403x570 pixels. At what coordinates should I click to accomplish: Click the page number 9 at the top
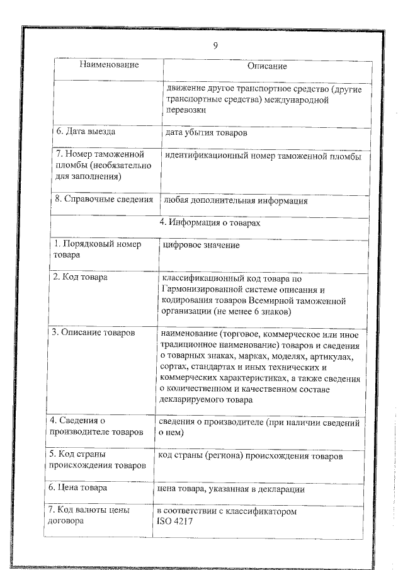215,45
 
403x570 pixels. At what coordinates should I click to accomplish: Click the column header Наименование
109,65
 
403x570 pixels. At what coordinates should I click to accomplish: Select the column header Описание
266,66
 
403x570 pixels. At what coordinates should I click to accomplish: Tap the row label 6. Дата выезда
85,132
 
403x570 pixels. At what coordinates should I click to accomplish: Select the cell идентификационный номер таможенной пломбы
263,155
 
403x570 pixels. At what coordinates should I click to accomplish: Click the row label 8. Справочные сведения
104,200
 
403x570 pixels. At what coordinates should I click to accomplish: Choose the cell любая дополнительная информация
236,201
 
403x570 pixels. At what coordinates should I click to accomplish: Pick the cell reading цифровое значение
201,244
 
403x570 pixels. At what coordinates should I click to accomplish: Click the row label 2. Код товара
80,276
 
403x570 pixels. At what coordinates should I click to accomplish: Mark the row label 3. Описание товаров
94,332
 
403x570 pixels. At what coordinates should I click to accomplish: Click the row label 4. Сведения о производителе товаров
95,426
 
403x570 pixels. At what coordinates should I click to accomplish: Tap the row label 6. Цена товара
78,487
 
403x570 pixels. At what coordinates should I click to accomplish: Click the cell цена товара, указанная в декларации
231,488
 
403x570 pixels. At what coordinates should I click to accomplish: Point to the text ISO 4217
175,522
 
